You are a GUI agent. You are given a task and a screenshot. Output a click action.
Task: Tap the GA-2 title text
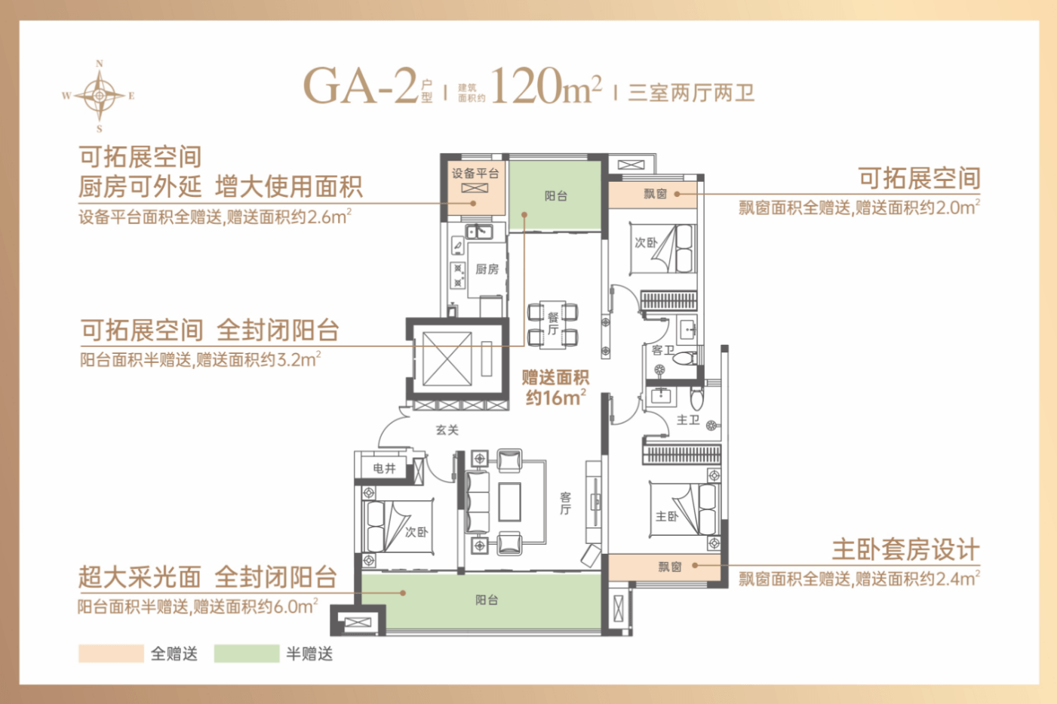pyautogui.click(x=361, y=86)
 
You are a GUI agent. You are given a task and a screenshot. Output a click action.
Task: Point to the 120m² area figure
pyautogui.click(x=546, y=85)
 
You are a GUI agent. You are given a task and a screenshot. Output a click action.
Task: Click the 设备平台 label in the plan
pyautogui.click(x=475, y=174)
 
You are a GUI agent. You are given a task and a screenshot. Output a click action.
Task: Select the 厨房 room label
pyautogui.click(x=487, y=269)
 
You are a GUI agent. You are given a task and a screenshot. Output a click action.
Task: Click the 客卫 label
pyautogui.click(x=662, y=350)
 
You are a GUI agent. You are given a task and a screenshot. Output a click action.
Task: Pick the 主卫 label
pyautogui.click(x=688, y=420)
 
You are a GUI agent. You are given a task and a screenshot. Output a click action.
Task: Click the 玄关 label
pyautogui.click(x=447, y=430)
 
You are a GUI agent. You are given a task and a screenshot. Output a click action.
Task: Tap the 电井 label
pyautogui.click(x=384, y=468)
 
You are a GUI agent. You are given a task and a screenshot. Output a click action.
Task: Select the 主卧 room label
pyautogui.click(x=667, y=516)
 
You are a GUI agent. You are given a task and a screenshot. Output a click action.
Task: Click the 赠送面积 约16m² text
pyautogui.click(x=555, y=388)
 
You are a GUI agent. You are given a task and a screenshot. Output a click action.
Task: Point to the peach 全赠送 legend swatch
pyautogui.click(x=111, y=653)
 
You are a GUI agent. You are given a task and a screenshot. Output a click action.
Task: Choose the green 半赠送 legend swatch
pyautogui.click(x=246, y=653)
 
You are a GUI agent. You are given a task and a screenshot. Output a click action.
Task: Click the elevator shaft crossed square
pyautogui.click(x=447, y=358)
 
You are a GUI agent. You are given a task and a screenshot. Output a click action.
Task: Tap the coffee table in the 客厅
pyautogui.click(x=509, y=502)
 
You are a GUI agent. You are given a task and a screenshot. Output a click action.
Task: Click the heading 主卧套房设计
pyautogui.click(x=905, y=550)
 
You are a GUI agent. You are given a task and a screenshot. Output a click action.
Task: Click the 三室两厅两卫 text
pyautogui.click(x=691, y=92)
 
